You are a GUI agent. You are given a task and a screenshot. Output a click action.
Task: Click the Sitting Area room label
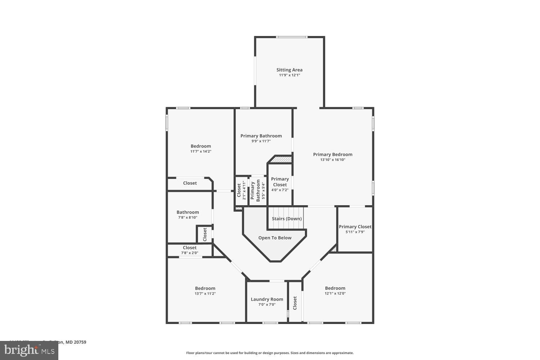tap(289, 70)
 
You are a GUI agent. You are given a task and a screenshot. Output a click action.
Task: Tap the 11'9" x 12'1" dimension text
tap(289, 75)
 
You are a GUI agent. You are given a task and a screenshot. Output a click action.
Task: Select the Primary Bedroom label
tap(333, 154)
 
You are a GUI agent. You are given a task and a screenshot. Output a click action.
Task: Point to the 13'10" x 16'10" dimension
tap(333, 160)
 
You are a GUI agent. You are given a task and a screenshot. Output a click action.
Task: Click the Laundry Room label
tap(267, 299)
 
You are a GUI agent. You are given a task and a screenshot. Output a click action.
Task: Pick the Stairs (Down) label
tap(287, 219)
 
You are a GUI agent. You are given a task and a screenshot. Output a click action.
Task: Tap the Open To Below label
tap(275, 238)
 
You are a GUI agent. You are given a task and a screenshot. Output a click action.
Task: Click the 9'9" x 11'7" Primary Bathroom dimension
tap(261, 141)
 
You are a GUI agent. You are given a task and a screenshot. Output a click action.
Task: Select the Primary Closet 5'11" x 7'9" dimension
tap(355, 232)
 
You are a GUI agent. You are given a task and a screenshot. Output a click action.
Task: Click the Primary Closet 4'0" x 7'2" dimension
tap(280, 190)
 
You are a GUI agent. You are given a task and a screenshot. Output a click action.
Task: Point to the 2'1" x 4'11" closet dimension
tap(244, 191)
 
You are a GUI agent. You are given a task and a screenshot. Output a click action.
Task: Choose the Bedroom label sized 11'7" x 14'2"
tap(201, 146)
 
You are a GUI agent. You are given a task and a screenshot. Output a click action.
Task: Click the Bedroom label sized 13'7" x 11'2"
tap(205, 288)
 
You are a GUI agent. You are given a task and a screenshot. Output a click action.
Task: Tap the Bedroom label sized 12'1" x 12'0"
tap(335, 288)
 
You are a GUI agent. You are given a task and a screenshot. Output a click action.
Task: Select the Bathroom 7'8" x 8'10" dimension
tap(188, 217)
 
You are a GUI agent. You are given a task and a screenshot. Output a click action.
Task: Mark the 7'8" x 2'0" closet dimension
tap(189, 253)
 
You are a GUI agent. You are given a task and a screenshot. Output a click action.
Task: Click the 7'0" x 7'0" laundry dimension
tap(267, 305)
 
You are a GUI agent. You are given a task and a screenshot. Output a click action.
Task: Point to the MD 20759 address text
tap(76, 342)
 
